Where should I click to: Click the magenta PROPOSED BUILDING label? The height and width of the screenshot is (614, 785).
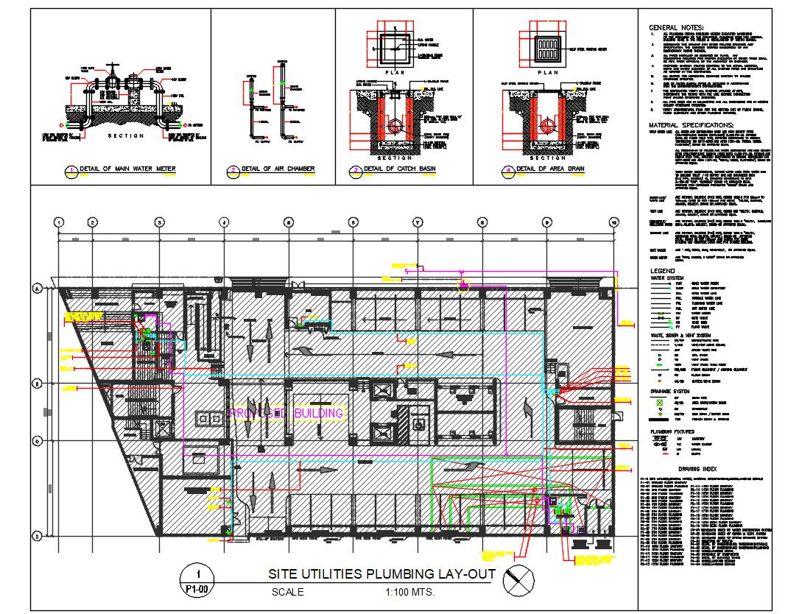point(286,413)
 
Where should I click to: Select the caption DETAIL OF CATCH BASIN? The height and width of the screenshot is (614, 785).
point(397,169)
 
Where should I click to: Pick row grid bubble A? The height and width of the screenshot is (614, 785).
point(36,290)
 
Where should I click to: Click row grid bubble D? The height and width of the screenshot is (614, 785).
point(36,535)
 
